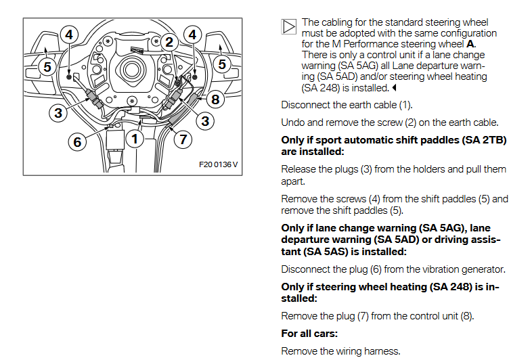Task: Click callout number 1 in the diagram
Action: (135, 139)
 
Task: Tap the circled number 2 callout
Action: (169, 41)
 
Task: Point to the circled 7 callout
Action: (183, 139)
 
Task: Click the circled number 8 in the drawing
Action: (215, 99)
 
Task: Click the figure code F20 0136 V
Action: (219, 164)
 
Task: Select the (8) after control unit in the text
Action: (466, 316)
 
